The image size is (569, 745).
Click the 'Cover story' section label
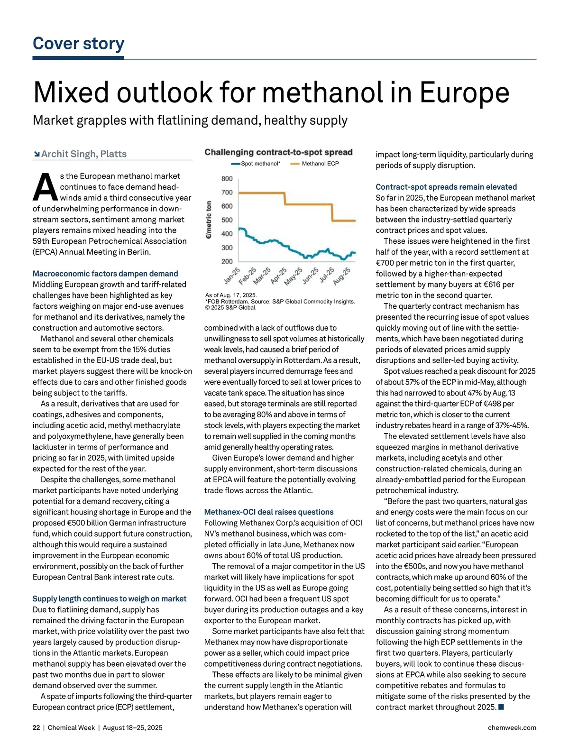(78, 44)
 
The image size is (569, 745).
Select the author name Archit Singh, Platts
(84, 154)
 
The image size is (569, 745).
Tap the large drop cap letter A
(45, 187)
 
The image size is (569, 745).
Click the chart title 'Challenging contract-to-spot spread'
(278, 152)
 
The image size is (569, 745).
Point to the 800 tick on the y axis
(227, 179)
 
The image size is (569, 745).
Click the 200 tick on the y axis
(227, 261)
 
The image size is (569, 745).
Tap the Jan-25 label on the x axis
(232, 276)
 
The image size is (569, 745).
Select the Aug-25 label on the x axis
(341, 276)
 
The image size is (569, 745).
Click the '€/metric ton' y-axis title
(209, 220)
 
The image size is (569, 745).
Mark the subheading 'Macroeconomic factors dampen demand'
(105, 274)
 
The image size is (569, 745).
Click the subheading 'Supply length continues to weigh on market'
(110, 599)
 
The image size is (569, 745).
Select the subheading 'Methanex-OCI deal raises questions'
(269, 512)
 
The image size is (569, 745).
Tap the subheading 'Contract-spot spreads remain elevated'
(446, 187)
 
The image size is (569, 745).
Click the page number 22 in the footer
(37, 728)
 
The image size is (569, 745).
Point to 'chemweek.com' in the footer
(512, 728)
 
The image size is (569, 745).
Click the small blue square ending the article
(501, 708)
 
